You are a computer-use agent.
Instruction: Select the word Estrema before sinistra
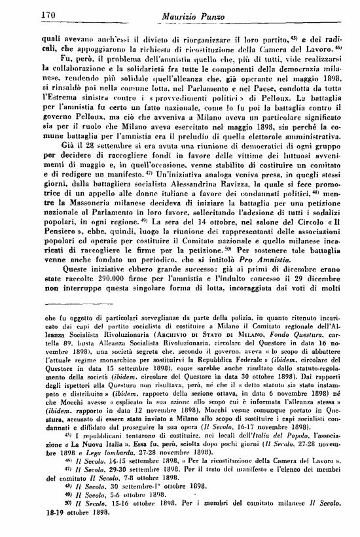(60, 105)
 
